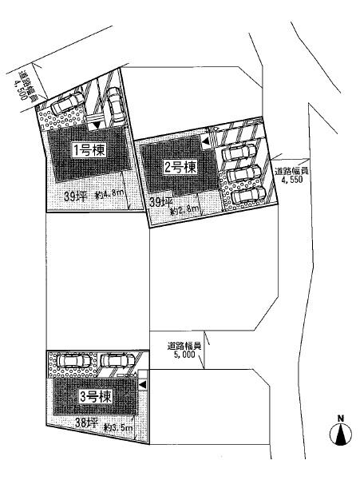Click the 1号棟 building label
coord(88,149)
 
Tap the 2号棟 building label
coord(180,167)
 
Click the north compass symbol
coord(341,432)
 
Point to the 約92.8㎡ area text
coord(185,210)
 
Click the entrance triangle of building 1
coord(97,125)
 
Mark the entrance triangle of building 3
coord(142,385)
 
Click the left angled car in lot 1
coord(65,108)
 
